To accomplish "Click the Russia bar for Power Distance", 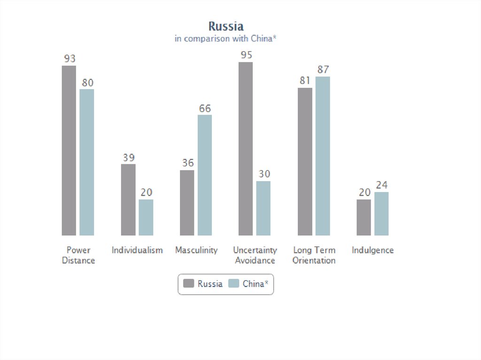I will [x=69, y=150].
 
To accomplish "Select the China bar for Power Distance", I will [x=87, y=162].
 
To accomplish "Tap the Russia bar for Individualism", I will [x=128, y=199].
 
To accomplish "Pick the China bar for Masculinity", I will [x=205, y=175].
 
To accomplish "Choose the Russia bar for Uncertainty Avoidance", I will [x=246, y=148].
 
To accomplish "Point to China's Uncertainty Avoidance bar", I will [x=264, y=208].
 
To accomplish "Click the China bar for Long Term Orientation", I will [x=323, y=156].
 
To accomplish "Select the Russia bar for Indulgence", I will [x=364, y=217].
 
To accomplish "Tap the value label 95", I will [x=246, y=55].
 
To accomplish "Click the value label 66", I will [x=205, y=108].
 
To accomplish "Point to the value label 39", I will [x=129, y=158].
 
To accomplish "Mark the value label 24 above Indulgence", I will [x=381, y=185].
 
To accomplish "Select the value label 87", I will [x=323, y=69].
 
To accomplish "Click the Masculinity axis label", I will [x=196, y=250].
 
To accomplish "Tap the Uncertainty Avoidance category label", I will [x=255, y=255].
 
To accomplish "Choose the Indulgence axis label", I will [x=372, y=250].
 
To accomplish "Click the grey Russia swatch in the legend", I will [x=189, y=283].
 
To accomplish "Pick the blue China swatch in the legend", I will [x=234, y=283].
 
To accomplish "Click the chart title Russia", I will [x=226, y=26].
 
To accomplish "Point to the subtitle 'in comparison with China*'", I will [x=225, y=38].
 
